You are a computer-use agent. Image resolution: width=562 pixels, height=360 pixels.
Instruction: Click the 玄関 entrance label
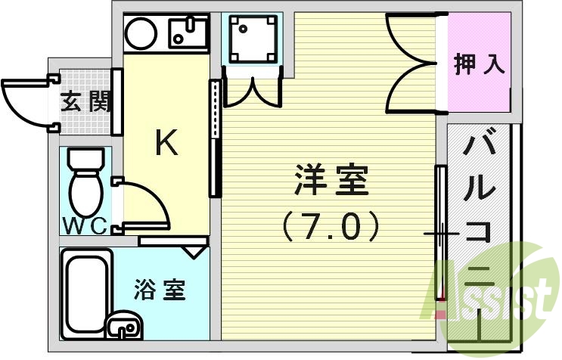85,101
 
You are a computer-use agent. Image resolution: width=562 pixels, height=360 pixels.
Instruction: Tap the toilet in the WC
85,182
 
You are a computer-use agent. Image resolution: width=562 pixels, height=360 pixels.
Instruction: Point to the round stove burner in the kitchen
140,32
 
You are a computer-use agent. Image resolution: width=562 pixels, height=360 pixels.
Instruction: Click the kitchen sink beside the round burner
187,32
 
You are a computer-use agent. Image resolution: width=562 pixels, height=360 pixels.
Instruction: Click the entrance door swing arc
26,103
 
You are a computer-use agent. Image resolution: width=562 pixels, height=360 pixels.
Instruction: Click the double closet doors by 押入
412,64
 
